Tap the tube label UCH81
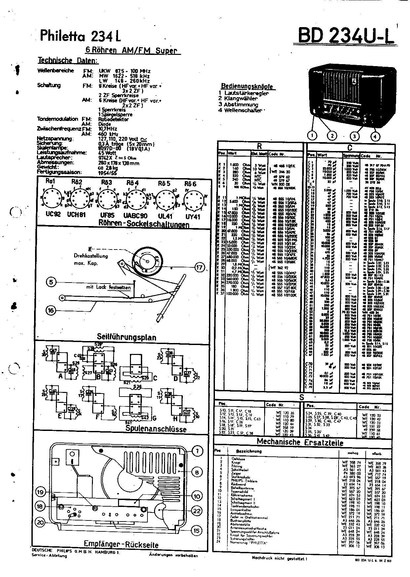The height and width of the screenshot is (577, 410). point(76,214)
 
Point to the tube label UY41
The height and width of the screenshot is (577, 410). point(192,217)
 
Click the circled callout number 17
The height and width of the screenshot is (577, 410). point(199,267)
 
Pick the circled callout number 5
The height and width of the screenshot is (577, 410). point(51,282)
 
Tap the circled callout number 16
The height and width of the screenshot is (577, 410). point(51,310)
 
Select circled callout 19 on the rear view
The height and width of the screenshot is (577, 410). point(40,492)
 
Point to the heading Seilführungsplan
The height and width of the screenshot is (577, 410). point(122,337)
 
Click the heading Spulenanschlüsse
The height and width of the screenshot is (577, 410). point(156,429)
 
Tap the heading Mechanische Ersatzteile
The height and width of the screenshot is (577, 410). point(300,442)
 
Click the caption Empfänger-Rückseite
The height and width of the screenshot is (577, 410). point(121,545)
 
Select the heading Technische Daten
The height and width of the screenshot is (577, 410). point(68,60)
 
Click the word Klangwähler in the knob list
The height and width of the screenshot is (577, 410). point(241,98)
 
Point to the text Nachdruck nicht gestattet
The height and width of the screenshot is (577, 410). point(279,558)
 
